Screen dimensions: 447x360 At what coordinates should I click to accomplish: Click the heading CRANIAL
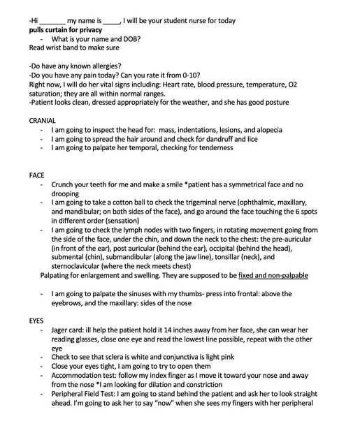pos(43,121)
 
